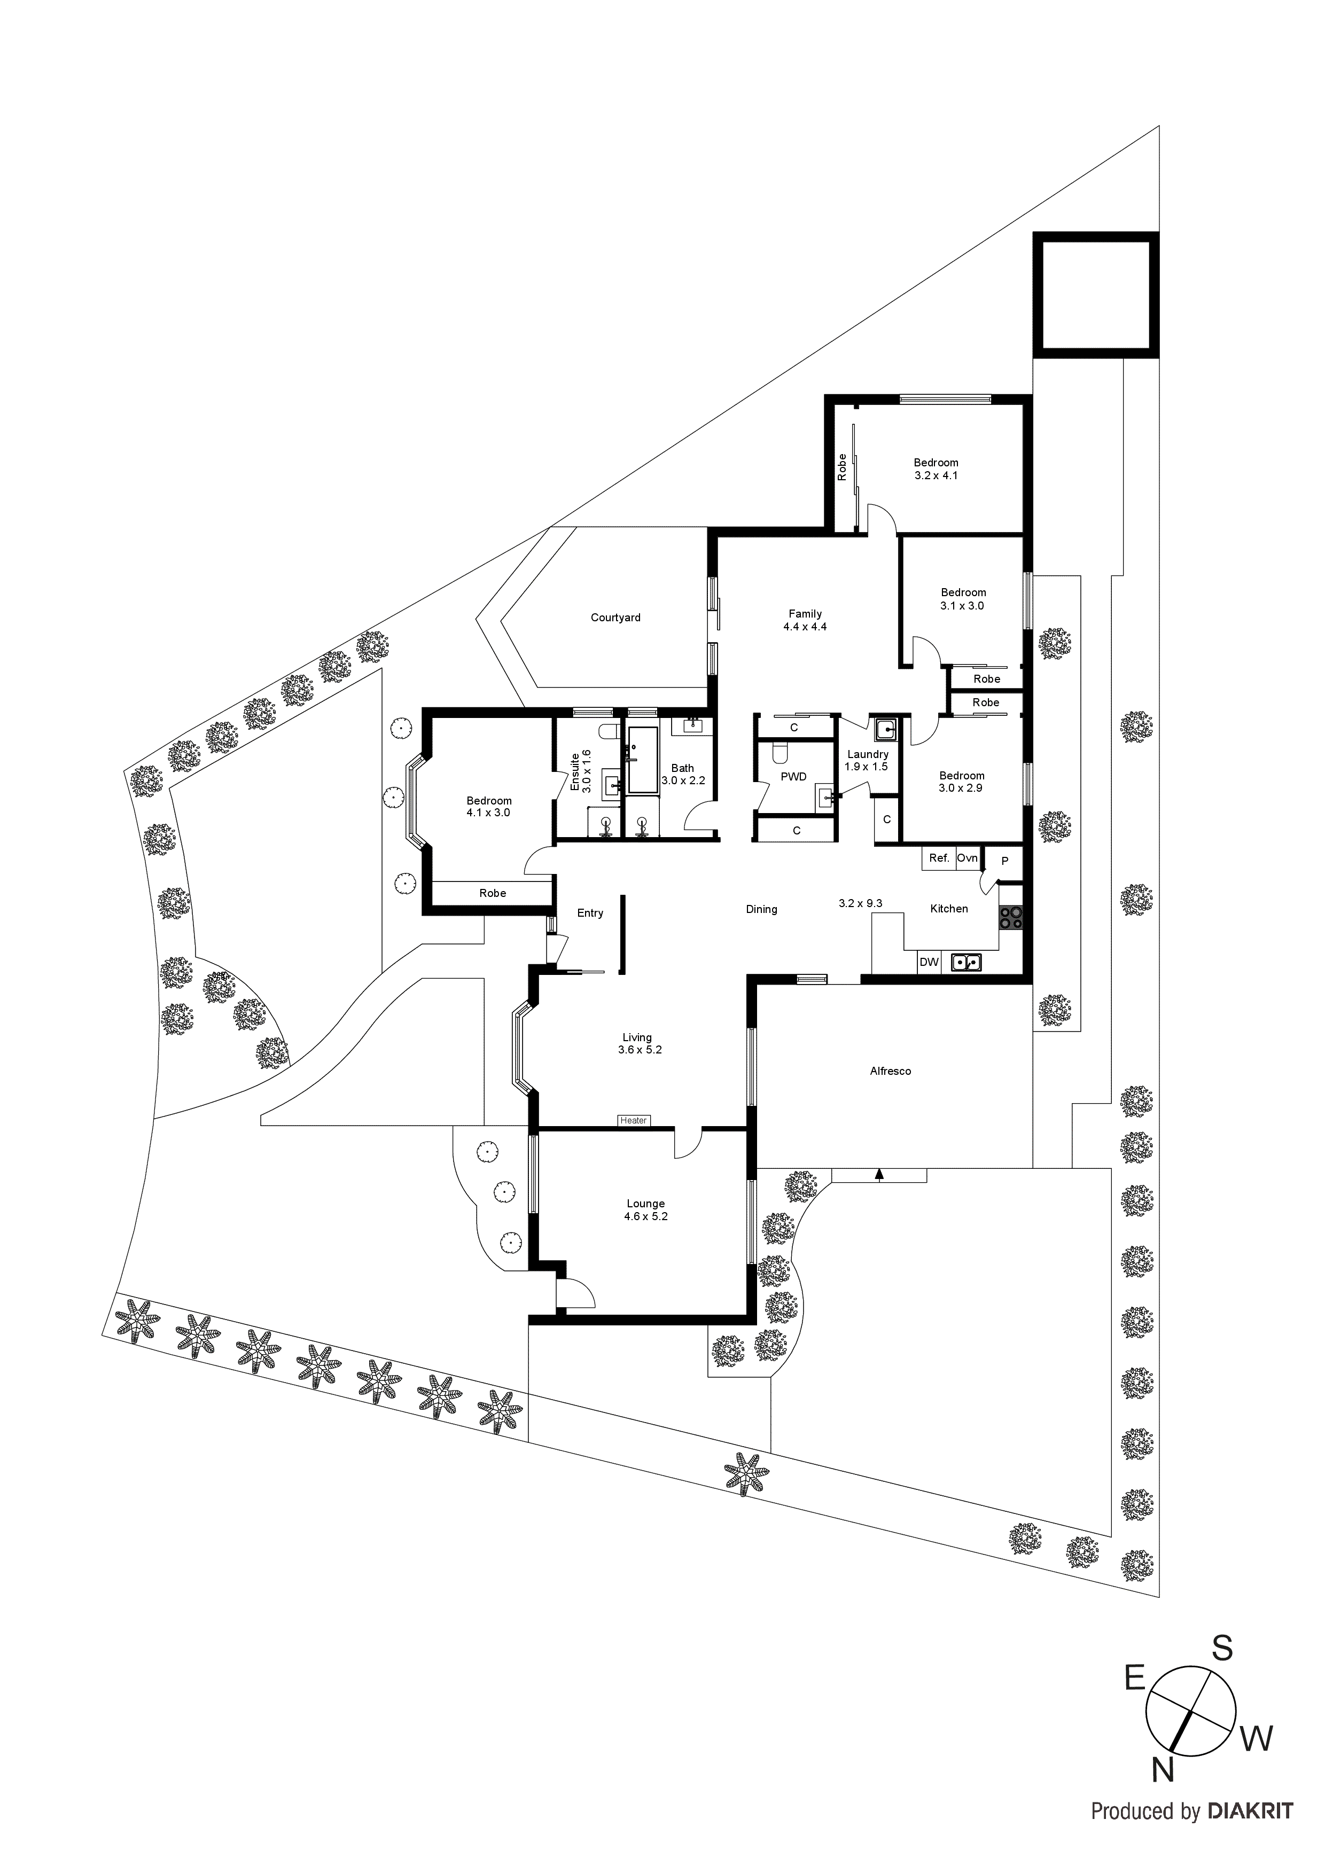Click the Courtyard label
615,618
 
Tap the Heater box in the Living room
634,1121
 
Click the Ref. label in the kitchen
939,858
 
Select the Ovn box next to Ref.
968,858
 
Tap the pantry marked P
1005,861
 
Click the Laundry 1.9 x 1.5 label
867,761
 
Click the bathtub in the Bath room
643,760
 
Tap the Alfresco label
890,1071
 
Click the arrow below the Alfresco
879,1175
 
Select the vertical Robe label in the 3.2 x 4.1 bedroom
841,467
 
